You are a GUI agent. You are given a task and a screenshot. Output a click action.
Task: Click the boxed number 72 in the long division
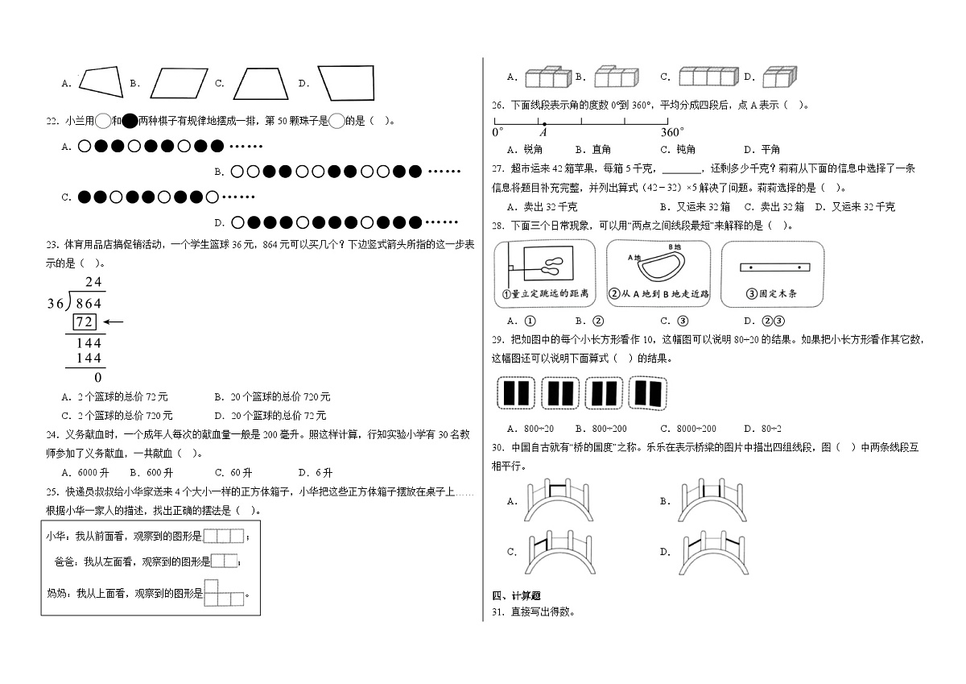point(85,323)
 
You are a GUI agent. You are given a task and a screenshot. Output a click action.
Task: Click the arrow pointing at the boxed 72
point(114,323)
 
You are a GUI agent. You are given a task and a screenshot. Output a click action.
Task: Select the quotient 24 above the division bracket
point(93,282)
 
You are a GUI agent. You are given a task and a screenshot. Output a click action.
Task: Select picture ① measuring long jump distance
point(544,274)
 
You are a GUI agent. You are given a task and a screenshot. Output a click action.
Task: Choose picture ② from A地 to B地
point(658,274)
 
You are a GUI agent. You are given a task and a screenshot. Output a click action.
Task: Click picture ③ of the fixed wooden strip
point(773,274)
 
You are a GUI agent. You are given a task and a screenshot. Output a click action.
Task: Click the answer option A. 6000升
point(84,473)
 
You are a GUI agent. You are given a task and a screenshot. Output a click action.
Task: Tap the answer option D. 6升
point(315,473)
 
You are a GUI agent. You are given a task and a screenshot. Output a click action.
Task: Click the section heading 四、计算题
point(516,595)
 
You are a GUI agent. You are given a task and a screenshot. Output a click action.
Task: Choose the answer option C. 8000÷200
point(687,429)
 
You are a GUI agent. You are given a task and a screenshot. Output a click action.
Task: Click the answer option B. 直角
point(592,149)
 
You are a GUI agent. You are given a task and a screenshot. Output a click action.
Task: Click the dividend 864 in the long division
point(87,304)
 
